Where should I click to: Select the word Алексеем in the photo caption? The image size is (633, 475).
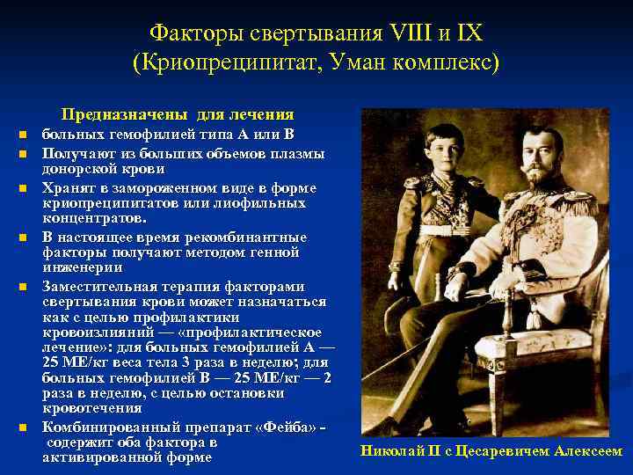[588, 451]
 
